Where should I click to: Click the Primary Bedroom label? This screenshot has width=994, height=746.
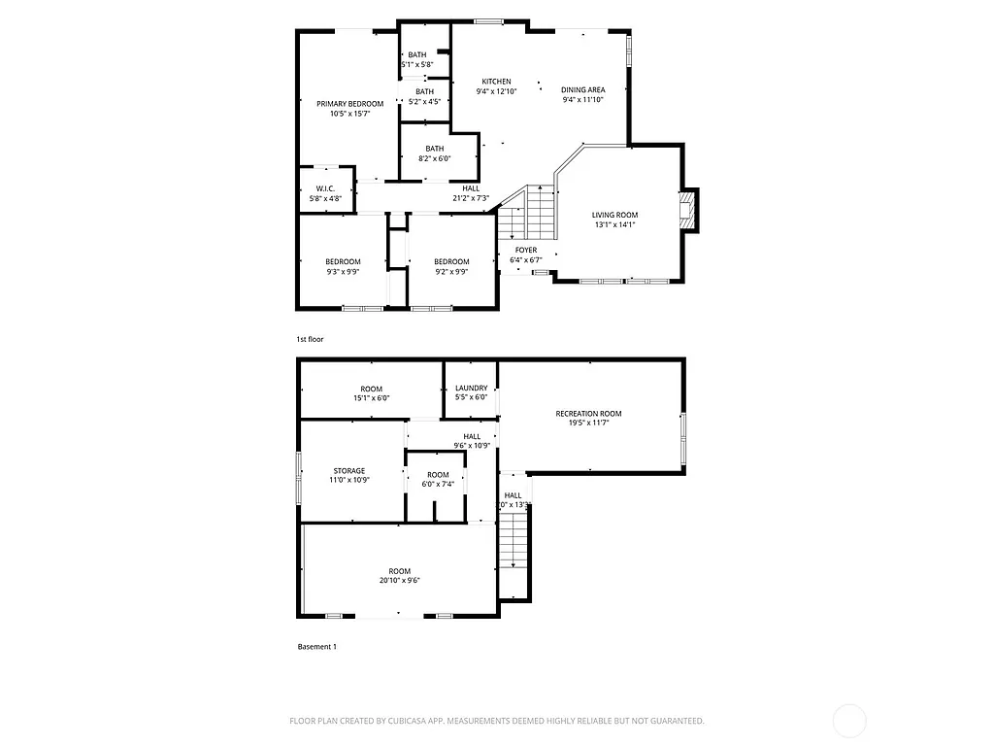pyautogui.click(x=349, y=104)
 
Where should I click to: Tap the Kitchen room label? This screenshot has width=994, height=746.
pyautogui.click(x=496, y=82)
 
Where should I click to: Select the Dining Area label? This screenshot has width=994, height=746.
pyautogui.click(x=582, y=89)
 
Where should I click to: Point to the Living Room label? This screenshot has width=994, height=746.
pyautogui.click(x=614, y=215)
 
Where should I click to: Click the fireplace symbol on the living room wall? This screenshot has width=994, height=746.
pyautogui.click(x=688, y=210)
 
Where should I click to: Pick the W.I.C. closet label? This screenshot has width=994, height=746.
pyautogui.click(x=325, y=188)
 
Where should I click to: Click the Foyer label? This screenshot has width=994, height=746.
pyautogui.click(x=526, y=250)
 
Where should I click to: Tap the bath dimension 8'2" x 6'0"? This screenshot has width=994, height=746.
pyautogui.click(x=434, y=158)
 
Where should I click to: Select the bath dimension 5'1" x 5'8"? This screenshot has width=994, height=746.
pyautogui.click(x=416, y=65)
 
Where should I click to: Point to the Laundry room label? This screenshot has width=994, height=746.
pyautogui.click(x=471, y=389)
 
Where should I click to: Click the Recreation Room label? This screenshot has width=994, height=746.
pyautogui.click(x=588, y=414)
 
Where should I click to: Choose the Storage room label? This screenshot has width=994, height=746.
pyautogui.click(x=349, y=470)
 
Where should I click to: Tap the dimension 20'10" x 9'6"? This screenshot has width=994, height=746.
pyautogui.click(x=399, y=581)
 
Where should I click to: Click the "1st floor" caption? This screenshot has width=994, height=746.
pyautogui.click(x=310, y=339)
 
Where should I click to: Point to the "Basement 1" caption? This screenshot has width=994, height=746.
pyautogui.click(x=316, y=646)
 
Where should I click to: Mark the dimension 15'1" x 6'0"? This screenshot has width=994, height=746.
pyautogui.click(x=371, y=398)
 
